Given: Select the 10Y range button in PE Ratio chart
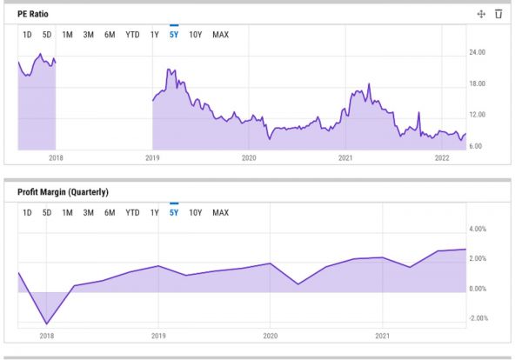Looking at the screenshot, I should (195, 35).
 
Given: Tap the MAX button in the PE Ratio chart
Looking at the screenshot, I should (220, 35).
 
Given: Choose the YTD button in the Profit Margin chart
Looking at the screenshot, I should (132, 212).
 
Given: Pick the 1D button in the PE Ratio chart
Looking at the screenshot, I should (27, 35).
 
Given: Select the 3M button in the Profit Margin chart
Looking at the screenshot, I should (89, 212).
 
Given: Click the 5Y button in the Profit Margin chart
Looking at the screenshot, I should (174, 212).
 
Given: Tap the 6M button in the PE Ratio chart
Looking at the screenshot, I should (110, 35).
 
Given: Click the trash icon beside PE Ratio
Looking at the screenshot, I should (499, 14).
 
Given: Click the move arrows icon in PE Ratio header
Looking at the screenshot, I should (480, 14).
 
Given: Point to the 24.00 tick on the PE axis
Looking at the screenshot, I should (476, 52).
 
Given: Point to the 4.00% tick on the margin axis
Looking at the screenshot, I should (478, 229).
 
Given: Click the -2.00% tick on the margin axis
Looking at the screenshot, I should (478, 318).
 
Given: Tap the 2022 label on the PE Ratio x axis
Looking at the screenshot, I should (441, 158).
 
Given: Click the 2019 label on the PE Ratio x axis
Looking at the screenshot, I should (152, 158).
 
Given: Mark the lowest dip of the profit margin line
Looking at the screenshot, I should (46, 324).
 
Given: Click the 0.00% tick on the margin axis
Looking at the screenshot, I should (478, 289).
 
